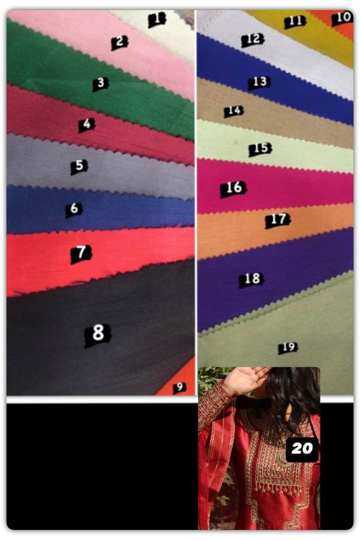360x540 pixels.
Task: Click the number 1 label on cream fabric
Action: [x=157, y=19]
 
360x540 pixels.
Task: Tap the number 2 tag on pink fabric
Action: [x=119, y=43]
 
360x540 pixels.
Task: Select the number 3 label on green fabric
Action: [x=101, y=83]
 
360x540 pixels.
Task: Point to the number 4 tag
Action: [x=86, y=125]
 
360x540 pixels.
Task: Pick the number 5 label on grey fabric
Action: [x=79, y=167]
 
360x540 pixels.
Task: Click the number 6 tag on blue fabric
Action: [x=74, y=209]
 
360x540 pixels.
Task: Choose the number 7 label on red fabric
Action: [x=81, y=254]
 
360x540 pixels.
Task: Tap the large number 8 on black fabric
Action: [x=98, y=334]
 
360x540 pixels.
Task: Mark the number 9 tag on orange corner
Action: [x=179, y=388]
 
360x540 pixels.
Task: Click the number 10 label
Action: [x=343, y=17]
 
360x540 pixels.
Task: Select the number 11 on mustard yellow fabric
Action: [x=295, y=22]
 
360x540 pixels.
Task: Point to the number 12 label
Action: [x=253, y=40]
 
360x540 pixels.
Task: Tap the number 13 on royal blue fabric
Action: [x=259, y=83]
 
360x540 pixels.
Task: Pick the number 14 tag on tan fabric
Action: [x=234, y=111]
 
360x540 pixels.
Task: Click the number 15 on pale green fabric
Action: [x=260, y=149]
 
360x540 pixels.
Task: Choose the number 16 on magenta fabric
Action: [x=233, y=189]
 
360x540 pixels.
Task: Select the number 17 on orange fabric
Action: [x=278, y=220]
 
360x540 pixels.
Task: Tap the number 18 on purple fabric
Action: [x=252, y=280]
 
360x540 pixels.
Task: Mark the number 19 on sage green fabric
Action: [x=288, y=348]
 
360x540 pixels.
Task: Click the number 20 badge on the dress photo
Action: [x=302, y=449]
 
